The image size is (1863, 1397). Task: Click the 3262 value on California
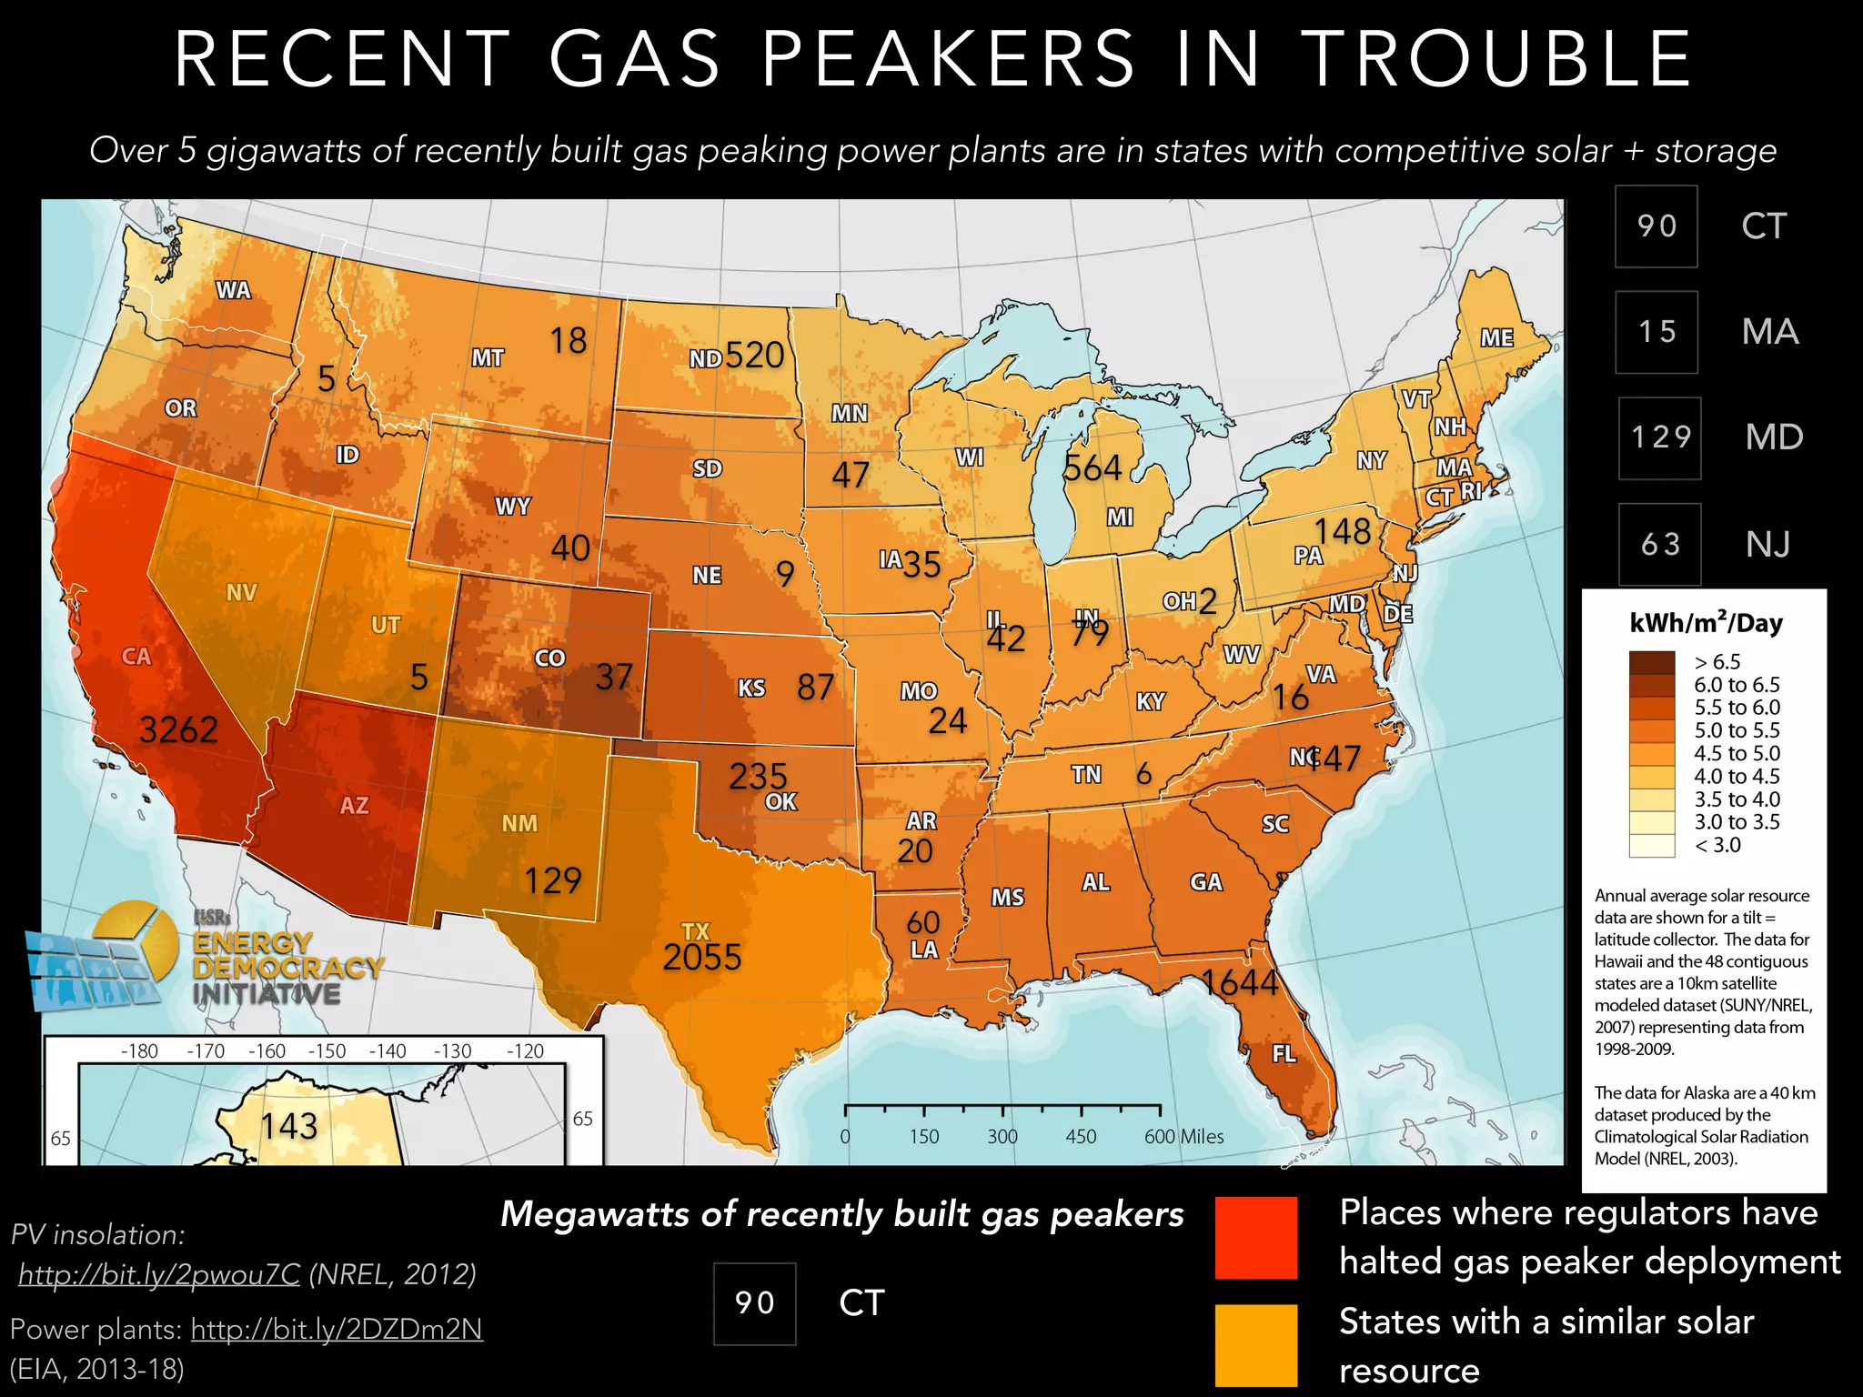click(x=178, y=729)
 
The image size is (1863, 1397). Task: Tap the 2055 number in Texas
click(x=701, y=958)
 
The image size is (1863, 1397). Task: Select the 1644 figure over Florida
click(x=1240, y=982)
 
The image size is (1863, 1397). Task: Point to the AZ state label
click(x=354, y=806)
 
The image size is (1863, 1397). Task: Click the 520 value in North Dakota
click(x=754, y=355)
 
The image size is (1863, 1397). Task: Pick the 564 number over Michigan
click(x=1093, y=468)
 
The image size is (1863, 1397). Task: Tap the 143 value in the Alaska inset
click(x=289, y=1126)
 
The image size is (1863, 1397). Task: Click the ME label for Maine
click(x=1496, y=338)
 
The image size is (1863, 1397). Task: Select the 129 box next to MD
click(x=1659, y=437)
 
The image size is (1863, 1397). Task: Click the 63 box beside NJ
click(x=1659, y=544)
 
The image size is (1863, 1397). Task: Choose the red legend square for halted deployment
click(x=1256, y=1238)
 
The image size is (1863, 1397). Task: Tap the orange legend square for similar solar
click(x=1256, y=1345)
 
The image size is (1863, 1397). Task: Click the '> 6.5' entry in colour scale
click(x=1717, y=662)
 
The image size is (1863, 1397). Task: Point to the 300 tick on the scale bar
click(x=1002, y=1136)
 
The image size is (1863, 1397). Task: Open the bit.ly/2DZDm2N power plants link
click(x=337, y=1329)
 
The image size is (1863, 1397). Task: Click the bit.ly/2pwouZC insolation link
click(x=159, y=1274)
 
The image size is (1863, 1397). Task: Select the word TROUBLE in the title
click(x=1496, y=59)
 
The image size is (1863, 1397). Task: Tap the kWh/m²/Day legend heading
click(x=1706, y=623)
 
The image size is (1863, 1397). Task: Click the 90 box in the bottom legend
click(x=754, y=1303)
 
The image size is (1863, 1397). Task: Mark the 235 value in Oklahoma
click(x=757, y=776)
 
